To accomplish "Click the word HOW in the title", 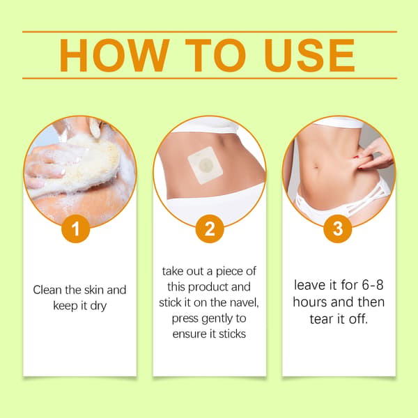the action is click(114, 55).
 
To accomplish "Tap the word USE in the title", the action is click(309, 55).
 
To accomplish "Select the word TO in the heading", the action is click(215, 55).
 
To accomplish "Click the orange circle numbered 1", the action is click(76, 229).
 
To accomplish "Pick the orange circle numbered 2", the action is click(210, 229).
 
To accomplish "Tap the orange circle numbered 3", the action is click(338, 229).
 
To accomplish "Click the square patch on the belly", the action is click(205, 166).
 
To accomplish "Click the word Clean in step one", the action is click(47, 290).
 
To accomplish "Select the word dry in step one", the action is click(98, 306).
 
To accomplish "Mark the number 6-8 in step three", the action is click(373, 285).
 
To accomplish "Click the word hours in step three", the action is click(310, 302).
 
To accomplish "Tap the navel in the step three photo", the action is click(316, 167).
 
